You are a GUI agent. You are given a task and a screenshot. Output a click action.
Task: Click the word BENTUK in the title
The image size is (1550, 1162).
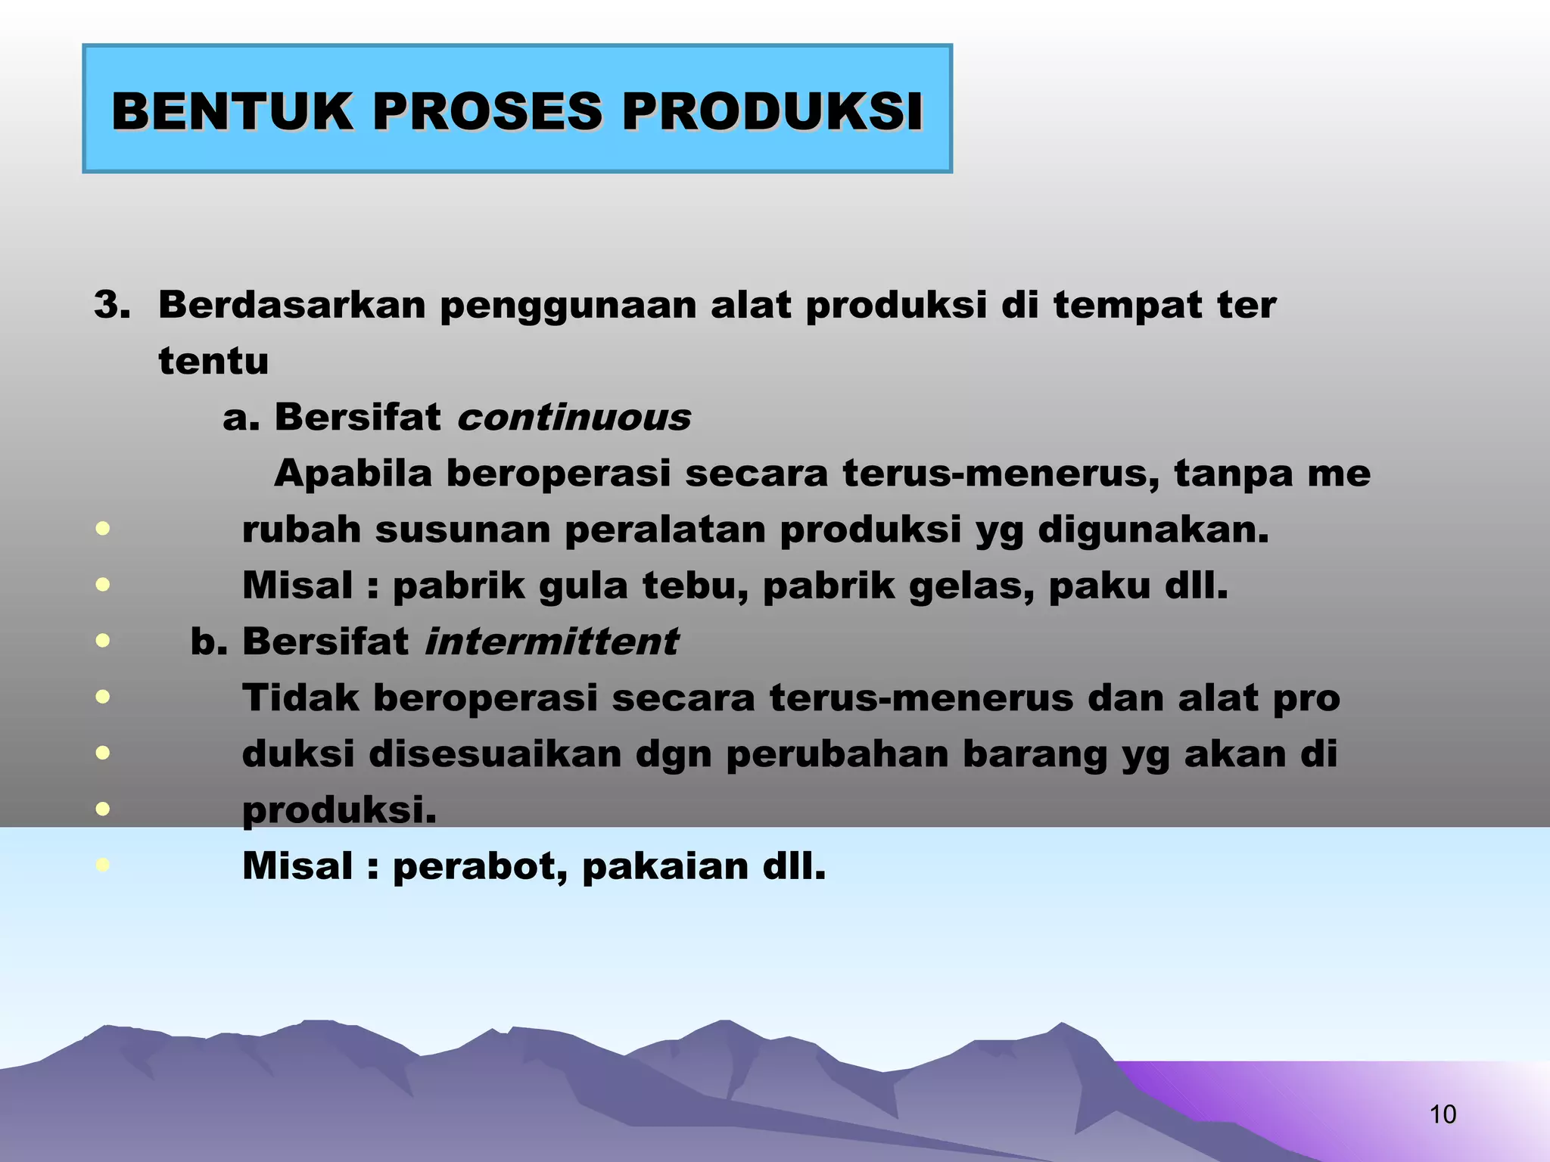232,112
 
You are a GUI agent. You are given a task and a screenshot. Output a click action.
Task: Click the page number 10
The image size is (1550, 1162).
1443,1114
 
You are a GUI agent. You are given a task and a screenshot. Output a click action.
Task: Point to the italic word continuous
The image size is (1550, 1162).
574,418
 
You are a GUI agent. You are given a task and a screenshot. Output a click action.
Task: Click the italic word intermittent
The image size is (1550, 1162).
551,642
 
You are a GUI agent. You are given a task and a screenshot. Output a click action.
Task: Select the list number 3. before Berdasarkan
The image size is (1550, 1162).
112,305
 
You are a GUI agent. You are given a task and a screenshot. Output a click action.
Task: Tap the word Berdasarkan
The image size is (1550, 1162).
292,305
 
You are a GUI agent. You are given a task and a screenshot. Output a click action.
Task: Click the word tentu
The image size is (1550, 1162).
213,362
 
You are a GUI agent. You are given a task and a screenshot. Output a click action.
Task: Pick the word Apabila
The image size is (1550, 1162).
353,474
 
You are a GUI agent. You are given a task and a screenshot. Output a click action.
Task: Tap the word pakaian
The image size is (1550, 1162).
665,866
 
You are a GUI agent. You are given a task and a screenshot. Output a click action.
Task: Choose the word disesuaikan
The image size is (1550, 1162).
494,754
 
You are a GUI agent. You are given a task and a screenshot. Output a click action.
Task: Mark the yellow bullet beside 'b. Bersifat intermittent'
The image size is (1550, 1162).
103,641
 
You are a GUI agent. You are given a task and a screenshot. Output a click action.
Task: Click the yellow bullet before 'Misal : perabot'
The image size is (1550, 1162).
103,865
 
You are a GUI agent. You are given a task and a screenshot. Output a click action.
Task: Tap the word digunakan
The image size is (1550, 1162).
1153,530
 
